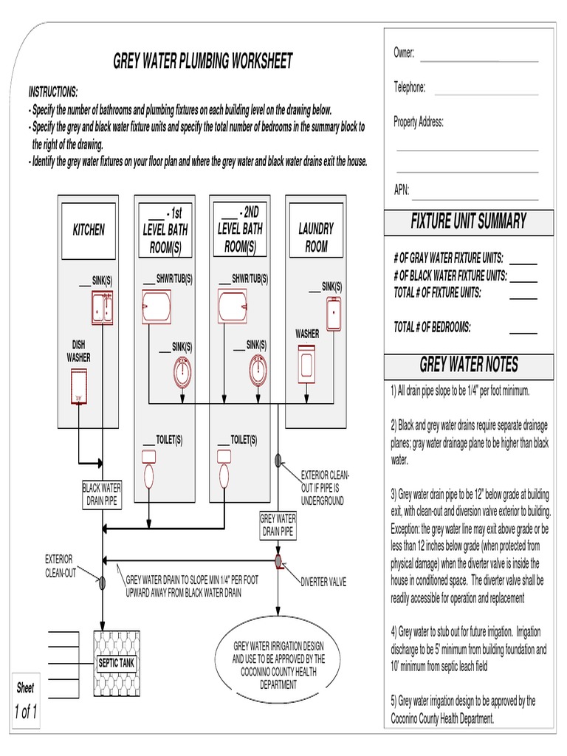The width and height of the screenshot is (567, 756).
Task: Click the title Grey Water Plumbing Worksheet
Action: pyautogui.click(x=203, y=61)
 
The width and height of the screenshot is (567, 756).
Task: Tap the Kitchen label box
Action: pyautogui.click(x=89, y=230)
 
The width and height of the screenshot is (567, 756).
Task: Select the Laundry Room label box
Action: pyautogui.click(x=316, y=238)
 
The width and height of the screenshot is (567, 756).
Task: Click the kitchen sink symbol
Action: pyautogui.click(x=101, y=308)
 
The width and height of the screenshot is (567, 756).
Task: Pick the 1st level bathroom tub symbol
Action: pyautogui.click(x=157, y=306)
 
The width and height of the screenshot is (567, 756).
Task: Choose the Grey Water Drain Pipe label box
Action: pyautogui.click(x=278, y=525)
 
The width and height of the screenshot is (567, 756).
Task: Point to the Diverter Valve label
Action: pyautogui.click(x=323, y=582)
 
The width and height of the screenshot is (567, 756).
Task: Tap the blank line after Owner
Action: pyautogui.click(x=478, y=59)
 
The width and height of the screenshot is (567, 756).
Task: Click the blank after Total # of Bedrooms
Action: pyautogui.click(x=523, y=331)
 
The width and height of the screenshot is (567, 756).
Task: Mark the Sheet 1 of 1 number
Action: pyautogui.click(x=25, y=712)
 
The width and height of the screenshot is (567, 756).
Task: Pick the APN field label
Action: pyautogui.click(x=401, y=189)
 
